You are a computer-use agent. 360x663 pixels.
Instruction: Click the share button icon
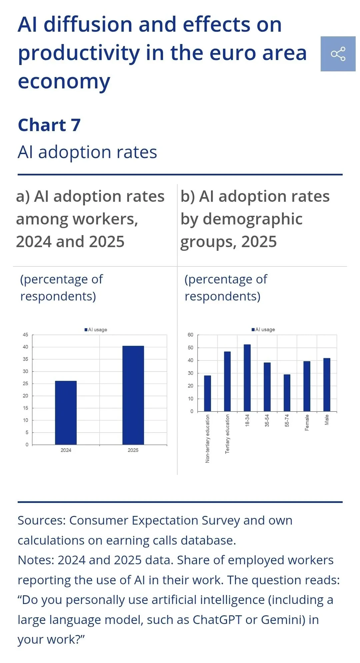click(x=338, y=54)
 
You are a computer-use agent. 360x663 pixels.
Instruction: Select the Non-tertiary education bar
click(x=207, y=393)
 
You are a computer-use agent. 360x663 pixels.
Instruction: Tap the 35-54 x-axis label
click(x=267, y=421)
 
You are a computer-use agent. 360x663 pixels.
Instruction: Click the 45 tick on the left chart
click(x=26, y=335)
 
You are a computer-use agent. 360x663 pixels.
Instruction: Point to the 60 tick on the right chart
click(x=190, y=335)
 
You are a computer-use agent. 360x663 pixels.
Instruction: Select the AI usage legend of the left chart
click(x=96, y=329)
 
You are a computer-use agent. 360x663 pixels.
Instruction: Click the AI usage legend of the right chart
click(x=263, y=329)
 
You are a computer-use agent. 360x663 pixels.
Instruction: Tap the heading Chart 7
click(x=49, y=125)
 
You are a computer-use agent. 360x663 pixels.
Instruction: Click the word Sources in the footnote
click(x=42, y=520)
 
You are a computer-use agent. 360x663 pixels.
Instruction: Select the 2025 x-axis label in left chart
click(x=133, y=450)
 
